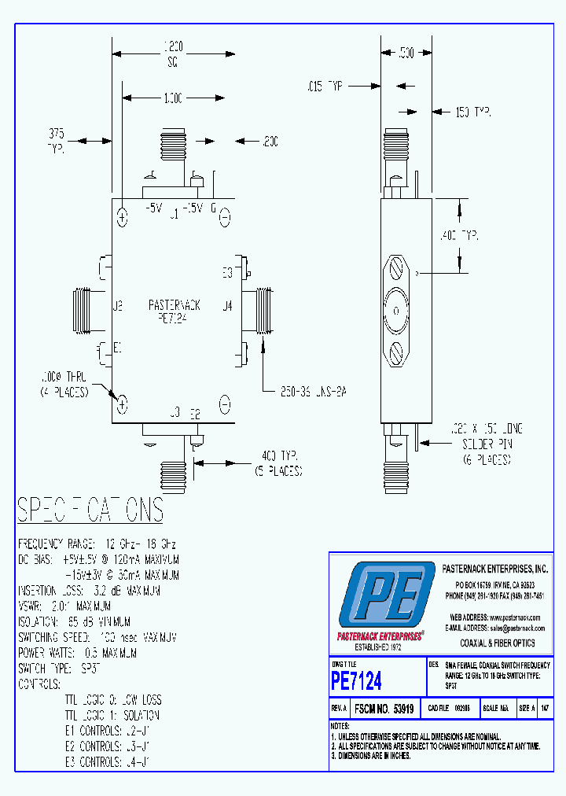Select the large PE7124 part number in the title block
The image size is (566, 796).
[x=356, y=680]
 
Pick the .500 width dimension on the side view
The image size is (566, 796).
[x=406, y=53]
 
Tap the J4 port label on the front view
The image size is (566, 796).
[x=228, y=305]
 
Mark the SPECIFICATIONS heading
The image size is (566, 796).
[x=90, y=510]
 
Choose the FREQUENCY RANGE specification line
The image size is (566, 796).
[x=97, y=544]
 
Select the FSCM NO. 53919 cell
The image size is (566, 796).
[x=384, y=708]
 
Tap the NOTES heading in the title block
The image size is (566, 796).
[x=340, y=725]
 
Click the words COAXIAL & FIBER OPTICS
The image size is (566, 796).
[x=497, y=643]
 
